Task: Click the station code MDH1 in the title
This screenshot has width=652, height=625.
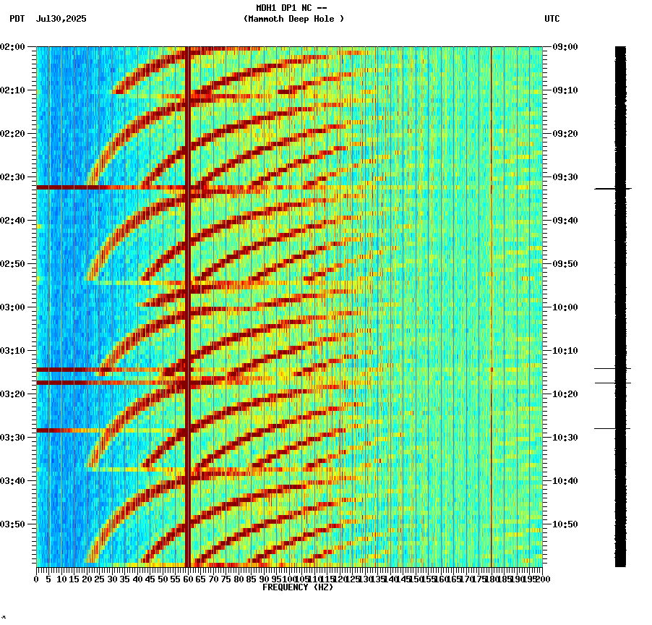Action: (x=265, y=8)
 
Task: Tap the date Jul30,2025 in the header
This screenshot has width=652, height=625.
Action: (x=61, y=19)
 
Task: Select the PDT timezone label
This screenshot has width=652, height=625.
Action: (x=17, y=19)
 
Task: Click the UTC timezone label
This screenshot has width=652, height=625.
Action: (x=552, y=19)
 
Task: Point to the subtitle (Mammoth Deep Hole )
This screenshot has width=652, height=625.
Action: (x=293, y=19)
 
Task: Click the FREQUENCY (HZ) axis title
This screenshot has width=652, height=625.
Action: (x=297, y=587)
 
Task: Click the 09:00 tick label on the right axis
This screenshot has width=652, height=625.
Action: (x=565, y=47)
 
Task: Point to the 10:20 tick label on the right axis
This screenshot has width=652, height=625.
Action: (x=565, y=394)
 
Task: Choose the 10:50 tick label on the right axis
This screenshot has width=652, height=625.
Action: (x=565, y=524)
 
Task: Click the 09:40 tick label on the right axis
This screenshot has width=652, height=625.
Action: (x=565, y=221)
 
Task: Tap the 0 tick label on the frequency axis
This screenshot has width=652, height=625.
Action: (x=37, y=579)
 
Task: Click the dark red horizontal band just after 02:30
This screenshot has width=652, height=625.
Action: (x=108, y=187)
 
